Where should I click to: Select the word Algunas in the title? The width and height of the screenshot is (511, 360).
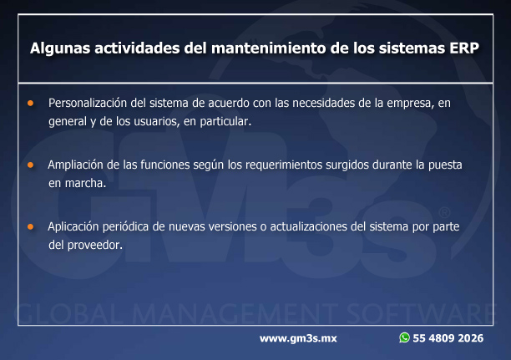tap(60, 48)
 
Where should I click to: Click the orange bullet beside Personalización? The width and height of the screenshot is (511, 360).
tap(31, 103)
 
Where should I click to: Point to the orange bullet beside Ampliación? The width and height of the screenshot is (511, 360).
tap(31, 165)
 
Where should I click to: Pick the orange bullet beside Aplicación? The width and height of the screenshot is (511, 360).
tap(31, 226)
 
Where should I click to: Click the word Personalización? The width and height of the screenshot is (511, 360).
tap(88, 103)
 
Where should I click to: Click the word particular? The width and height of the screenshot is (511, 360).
tap(225, 122)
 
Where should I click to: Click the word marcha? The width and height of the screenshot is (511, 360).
tap(86, 183)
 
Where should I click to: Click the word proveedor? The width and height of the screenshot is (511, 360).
tap(95, 246)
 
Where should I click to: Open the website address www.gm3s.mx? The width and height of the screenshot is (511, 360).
tap(298, 338)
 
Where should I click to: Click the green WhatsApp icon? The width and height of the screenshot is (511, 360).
tap(404, 337)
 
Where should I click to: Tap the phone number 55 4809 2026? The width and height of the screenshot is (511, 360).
tap(448, 338)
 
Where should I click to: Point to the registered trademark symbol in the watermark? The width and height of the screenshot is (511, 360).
tap(444, 213)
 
